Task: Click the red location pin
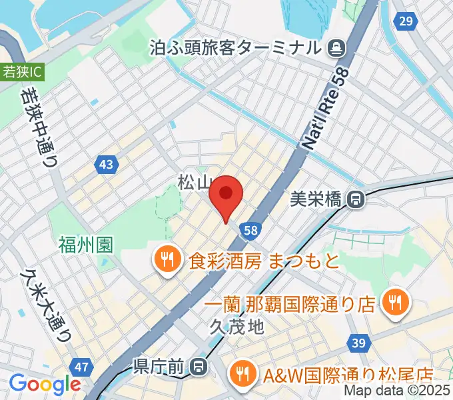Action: point(225,195)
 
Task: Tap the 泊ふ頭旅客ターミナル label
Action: point(236,48)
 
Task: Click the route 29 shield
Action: point(404,21)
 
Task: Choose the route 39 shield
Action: point(358,343)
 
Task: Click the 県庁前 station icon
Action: point(198,366)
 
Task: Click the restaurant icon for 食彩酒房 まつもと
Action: point(165,259)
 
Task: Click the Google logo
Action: point(45,384)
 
